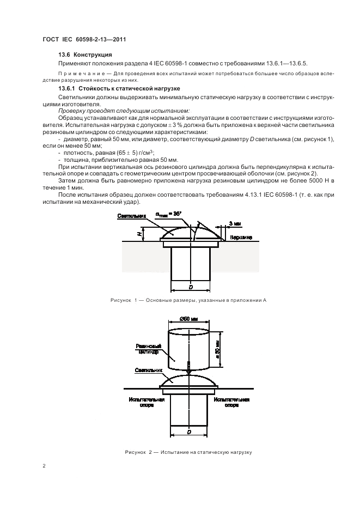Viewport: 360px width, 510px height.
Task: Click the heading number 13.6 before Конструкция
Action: (64, 54)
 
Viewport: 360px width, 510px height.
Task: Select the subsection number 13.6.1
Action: (66, 88)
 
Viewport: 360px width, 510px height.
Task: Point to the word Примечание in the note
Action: (77, 74)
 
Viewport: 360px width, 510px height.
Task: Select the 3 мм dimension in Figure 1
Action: (235, 224)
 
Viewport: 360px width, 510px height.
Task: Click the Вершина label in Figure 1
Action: (241, 238)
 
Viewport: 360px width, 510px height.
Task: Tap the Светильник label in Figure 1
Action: (131, 216)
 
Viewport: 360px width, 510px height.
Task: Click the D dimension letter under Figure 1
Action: (191, 287)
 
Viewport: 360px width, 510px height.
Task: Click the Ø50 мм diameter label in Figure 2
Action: (188, 319)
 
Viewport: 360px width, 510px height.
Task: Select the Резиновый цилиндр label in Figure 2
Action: (148, 349)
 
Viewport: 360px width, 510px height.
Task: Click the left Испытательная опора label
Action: (147, 402)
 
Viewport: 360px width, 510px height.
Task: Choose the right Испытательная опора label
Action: (231, 402)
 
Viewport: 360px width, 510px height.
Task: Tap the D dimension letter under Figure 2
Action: (189, 432)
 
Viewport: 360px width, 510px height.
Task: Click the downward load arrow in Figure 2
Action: (188, 368)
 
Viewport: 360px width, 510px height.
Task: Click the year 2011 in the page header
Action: (119, 40)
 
